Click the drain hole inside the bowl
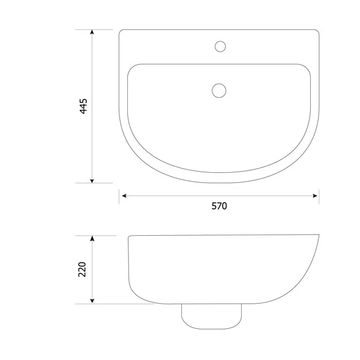219,91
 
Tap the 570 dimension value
219,206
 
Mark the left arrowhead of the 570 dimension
123,196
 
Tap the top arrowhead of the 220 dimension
92,238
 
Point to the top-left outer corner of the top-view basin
121,31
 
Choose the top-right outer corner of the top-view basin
317,31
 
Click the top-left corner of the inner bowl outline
130,67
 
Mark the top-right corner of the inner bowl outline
308,67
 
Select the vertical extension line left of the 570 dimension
119,196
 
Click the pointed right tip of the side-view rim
319,235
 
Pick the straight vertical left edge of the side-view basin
128,264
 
